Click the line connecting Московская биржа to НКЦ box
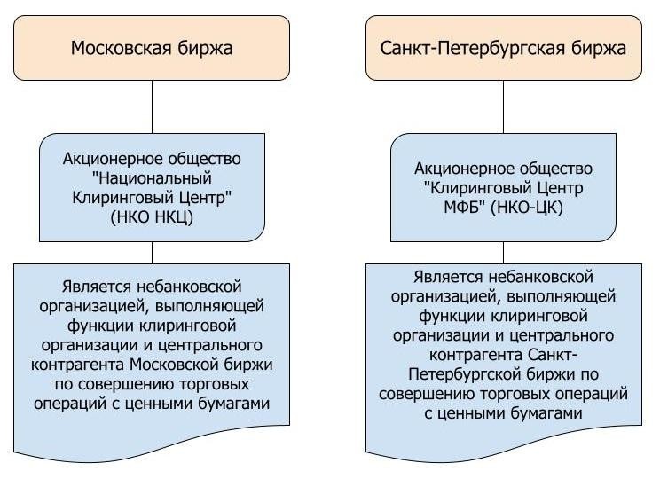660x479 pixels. click(152, 106)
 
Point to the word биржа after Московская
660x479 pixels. click(205, 47)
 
